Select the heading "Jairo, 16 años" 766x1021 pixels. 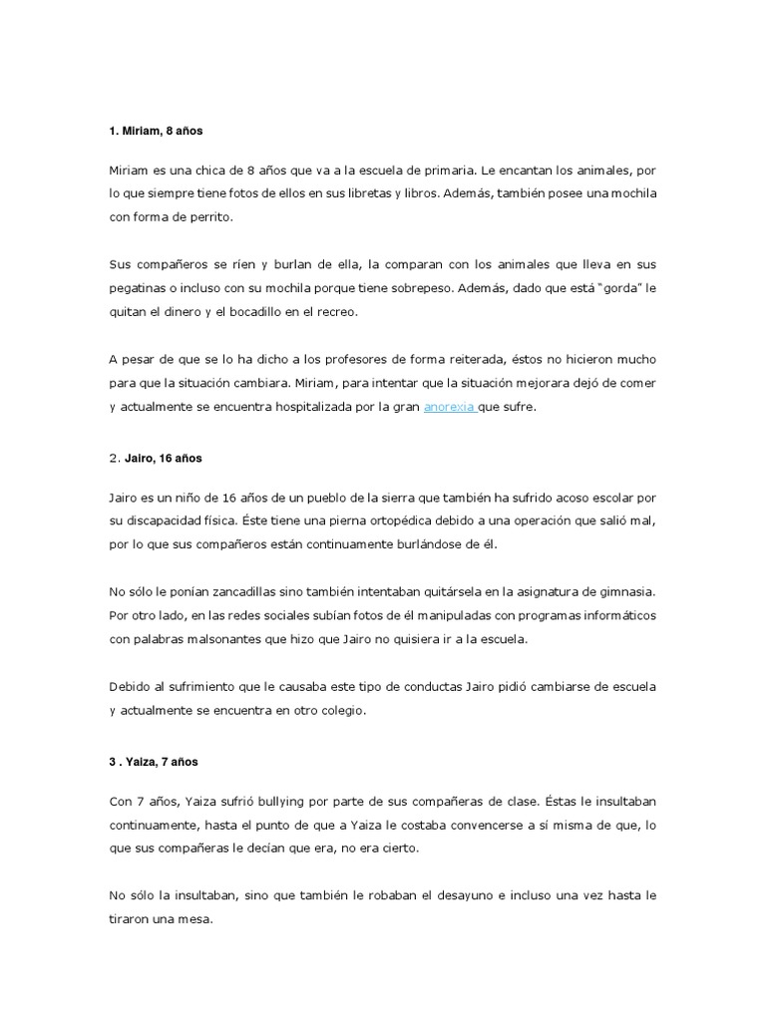(x=163, y=458)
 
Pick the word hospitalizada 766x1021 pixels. (x=318, y=406)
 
